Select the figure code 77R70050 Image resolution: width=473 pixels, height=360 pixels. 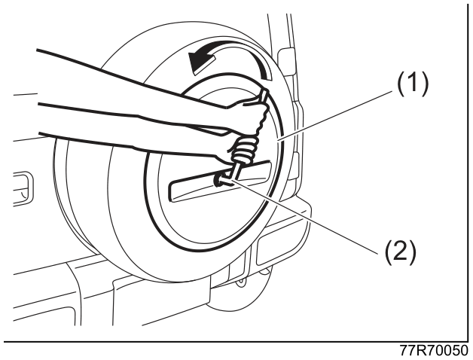tap(434, 351)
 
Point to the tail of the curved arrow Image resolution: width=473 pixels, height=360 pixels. tap(267, 76)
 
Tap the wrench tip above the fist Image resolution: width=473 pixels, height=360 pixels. tap(264, 93)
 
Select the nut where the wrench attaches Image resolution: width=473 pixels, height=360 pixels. tap(222, 180)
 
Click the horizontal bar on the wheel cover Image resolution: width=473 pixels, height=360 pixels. tap(220, 181)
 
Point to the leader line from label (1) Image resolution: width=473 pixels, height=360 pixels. tap(335, 115)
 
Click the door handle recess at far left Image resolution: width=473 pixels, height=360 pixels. tap(23, 189)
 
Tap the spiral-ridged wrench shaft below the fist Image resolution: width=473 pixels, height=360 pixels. tap(243, 150)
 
